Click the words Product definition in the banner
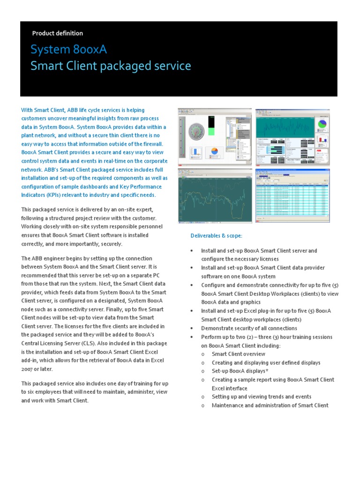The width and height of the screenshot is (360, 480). point(57,33)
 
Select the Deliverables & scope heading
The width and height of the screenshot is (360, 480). point(216,235)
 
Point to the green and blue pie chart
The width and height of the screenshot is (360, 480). point(322,124)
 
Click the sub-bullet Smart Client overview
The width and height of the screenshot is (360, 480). point(239,354)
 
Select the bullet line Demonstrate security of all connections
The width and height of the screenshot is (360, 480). point(249,329)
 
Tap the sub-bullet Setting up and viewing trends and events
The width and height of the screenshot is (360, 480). point(261,397)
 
